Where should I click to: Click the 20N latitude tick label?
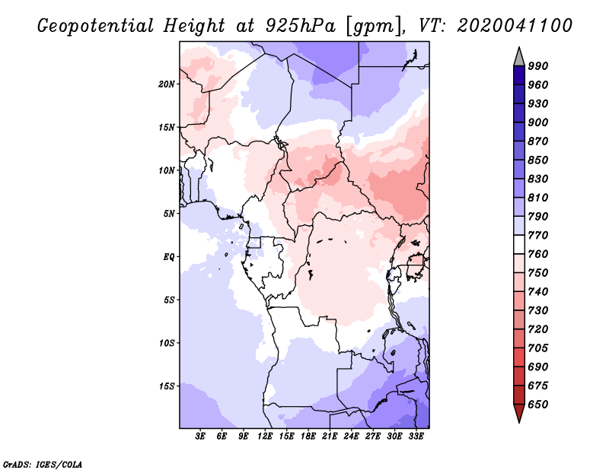(x=167, y=84)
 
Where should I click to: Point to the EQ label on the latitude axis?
(x=169, y=256)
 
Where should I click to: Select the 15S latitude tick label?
(x=167, y=386)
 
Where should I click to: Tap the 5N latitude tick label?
(x=169, y=214)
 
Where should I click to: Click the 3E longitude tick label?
(x=201, y=437)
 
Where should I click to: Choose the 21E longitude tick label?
(x=330, y=437)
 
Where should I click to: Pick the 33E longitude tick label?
(x=415, y=437)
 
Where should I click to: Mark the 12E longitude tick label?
(x=265, y=437)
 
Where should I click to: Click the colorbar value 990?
(x=538, y=66)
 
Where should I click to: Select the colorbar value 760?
(x=538, y=254)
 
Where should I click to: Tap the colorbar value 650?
(x=538, y=405)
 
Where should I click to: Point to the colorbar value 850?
(x=538, y=160)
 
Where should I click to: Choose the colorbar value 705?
(x=538, y=348)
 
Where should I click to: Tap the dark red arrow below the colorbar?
(x=519, y=414)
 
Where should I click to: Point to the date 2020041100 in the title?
(x=515, y=26)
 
